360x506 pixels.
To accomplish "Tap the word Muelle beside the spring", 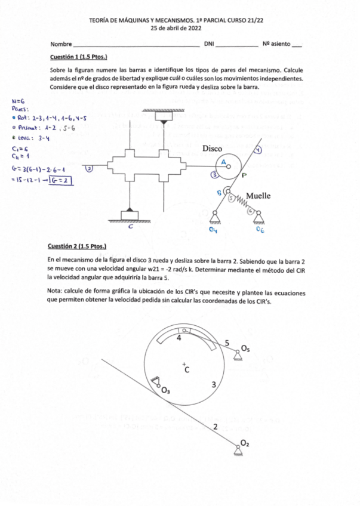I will (258, 195).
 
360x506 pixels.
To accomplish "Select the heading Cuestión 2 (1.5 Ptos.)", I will (78, 246).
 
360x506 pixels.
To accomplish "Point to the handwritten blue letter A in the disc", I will (224, 162).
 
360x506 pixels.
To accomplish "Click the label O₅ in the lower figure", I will (246, 348).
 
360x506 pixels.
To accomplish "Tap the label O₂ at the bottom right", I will (245, 442).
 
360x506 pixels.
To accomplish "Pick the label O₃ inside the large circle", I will (165, 391).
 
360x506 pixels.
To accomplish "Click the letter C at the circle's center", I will (186, 370).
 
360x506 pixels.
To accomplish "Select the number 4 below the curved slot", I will (179, 338).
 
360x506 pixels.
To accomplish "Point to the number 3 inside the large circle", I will (213, 384).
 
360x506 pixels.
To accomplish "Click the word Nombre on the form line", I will (61, 44).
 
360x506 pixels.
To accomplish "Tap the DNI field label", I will (208, 44).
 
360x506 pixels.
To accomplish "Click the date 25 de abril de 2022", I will (179, 27).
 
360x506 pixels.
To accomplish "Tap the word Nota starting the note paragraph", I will (56, 292).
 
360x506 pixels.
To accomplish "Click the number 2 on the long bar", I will (214, 427).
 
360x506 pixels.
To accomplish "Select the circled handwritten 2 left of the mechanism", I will (89, 169).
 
